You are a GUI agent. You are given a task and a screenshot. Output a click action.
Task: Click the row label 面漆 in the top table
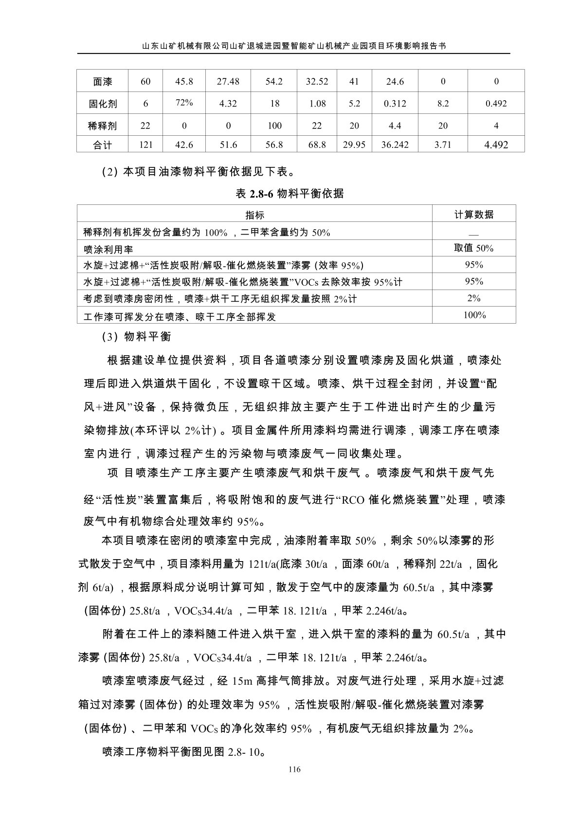[x=102, y=82]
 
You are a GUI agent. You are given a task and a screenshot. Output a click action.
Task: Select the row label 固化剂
[x=102, y=104]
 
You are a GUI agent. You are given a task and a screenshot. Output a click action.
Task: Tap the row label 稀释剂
[x=102, y=126]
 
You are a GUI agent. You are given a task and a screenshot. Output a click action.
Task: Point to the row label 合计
[x=102, y=145]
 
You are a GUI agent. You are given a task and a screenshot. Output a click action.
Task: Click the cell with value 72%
[x=184, y=103]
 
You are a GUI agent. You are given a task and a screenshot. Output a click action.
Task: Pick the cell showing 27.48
[x=228, y=82]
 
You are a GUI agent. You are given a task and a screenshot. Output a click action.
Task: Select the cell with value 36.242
[x=395, y=145]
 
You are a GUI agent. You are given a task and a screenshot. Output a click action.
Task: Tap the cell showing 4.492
[x=496, y=145]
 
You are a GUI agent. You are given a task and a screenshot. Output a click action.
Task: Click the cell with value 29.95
[x=354, y=145]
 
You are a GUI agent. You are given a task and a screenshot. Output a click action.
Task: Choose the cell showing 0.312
[x=395, y=104]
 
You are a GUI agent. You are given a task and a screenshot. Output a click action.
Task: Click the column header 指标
[x=254, y=215]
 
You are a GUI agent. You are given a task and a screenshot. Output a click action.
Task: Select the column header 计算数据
[x=474, y=214]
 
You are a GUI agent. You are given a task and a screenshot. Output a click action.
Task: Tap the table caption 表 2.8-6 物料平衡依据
[x=289, y=194]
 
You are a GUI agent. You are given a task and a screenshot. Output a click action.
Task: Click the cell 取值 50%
[x=474, y=248]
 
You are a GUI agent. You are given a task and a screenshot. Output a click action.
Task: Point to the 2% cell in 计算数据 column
[x=474, y=298]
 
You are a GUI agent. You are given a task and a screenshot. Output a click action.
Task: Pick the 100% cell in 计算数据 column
[x=474, y=315]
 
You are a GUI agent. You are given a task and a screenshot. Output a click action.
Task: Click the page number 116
[x=294, y=769]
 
